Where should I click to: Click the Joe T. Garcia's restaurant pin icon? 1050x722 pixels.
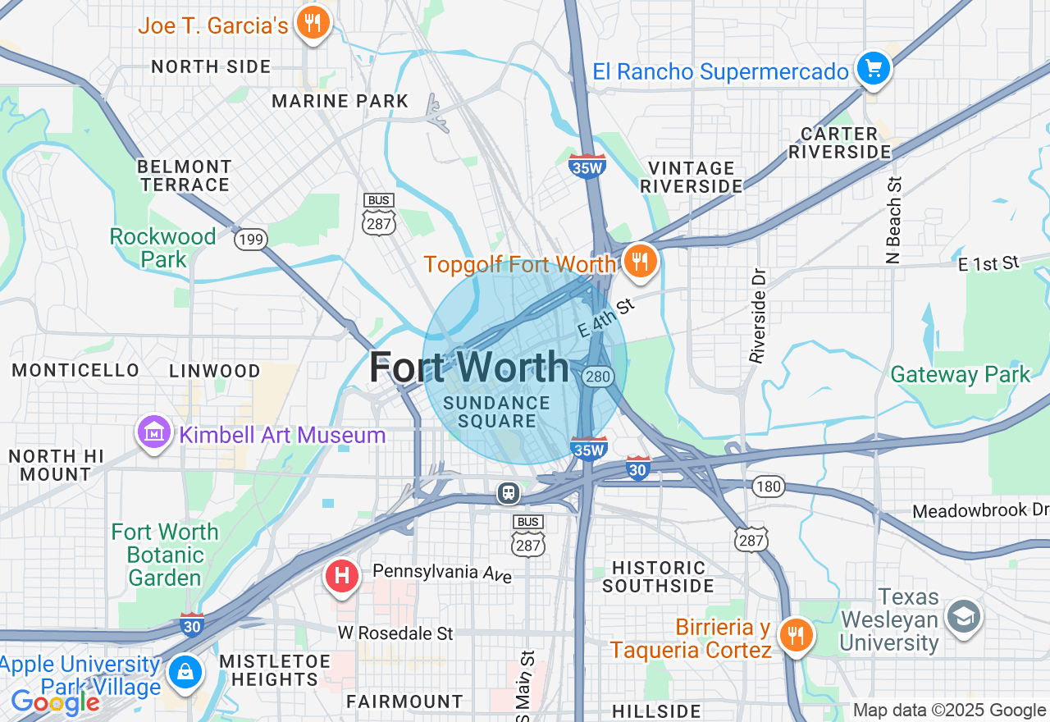[x=312, y=22]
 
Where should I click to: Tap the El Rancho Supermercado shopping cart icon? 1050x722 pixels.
[x=874, y=69]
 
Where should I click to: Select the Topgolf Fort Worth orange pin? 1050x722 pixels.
[x=640, y=261]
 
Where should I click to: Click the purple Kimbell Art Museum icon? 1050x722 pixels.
[x=154, y=432]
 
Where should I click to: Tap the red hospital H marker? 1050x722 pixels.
[x=342, y=576]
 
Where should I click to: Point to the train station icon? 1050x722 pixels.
[x=509, y=492]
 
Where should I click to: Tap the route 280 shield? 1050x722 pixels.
[x=596, y=377]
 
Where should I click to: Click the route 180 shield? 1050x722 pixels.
[x=769, y=487]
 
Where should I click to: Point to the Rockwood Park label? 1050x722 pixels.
[x=162, y=248]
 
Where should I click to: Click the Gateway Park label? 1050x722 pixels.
[x=960, y=375]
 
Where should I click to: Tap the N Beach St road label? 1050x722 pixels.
[x=893, y=219]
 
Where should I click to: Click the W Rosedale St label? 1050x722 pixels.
[x=395, y=633]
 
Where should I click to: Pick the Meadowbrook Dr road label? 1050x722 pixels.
[x=980, y=511]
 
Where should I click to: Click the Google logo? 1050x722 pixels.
[x=55, y=702]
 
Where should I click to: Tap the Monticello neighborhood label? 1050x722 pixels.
[x=75, y=371]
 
